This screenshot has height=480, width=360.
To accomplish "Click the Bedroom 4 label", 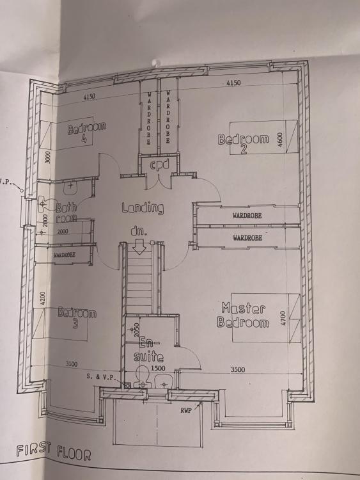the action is [x=86, y=132].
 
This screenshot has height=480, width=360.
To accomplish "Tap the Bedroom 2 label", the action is [x=244, y=143].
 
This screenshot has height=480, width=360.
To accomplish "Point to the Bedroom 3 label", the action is [x=77, y=317].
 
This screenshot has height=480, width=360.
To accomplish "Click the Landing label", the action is [x=143, y=208].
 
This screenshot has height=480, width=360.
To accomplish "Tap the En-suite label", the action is [x=149, y=349].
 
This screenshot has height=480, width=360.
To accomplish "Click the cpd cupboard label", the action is [x=159, y=165].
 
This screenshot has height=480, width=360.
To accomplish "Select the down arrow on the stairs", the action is [x=139, y=247].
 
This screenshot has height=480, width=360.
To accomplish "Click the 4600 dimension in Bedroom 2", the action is [x=279, y=140].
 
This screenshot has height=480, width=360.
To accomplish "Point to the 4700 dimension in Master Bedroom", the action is [x=283, y=318].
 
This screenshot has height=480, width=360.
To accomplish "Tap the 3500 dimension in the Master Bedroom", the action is [x=238, y=369].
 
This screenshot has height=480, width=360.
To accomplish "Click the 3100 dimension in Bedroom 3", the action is [x=72, y=364].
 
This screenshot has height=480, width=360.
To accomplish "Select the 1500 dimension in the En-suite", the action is [x=158, y=368].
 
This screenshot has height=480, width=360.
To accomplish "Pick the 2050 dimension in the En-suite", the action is [x=136, y=330].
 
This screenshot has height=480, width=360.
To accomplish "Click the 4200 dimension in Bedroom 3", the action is [x=42, y=298].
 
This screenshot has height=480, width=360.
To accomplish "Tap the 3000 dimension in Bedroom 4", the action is [x=48, y=157].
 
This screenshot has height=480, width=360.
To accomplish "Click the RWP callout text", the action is [x=186, y=410].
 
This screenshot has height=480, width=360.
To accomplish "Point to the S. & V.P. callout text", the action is [x=101, y=377].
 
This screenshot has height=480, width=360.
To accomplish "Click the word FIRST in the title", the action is [x=33, y=450].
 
